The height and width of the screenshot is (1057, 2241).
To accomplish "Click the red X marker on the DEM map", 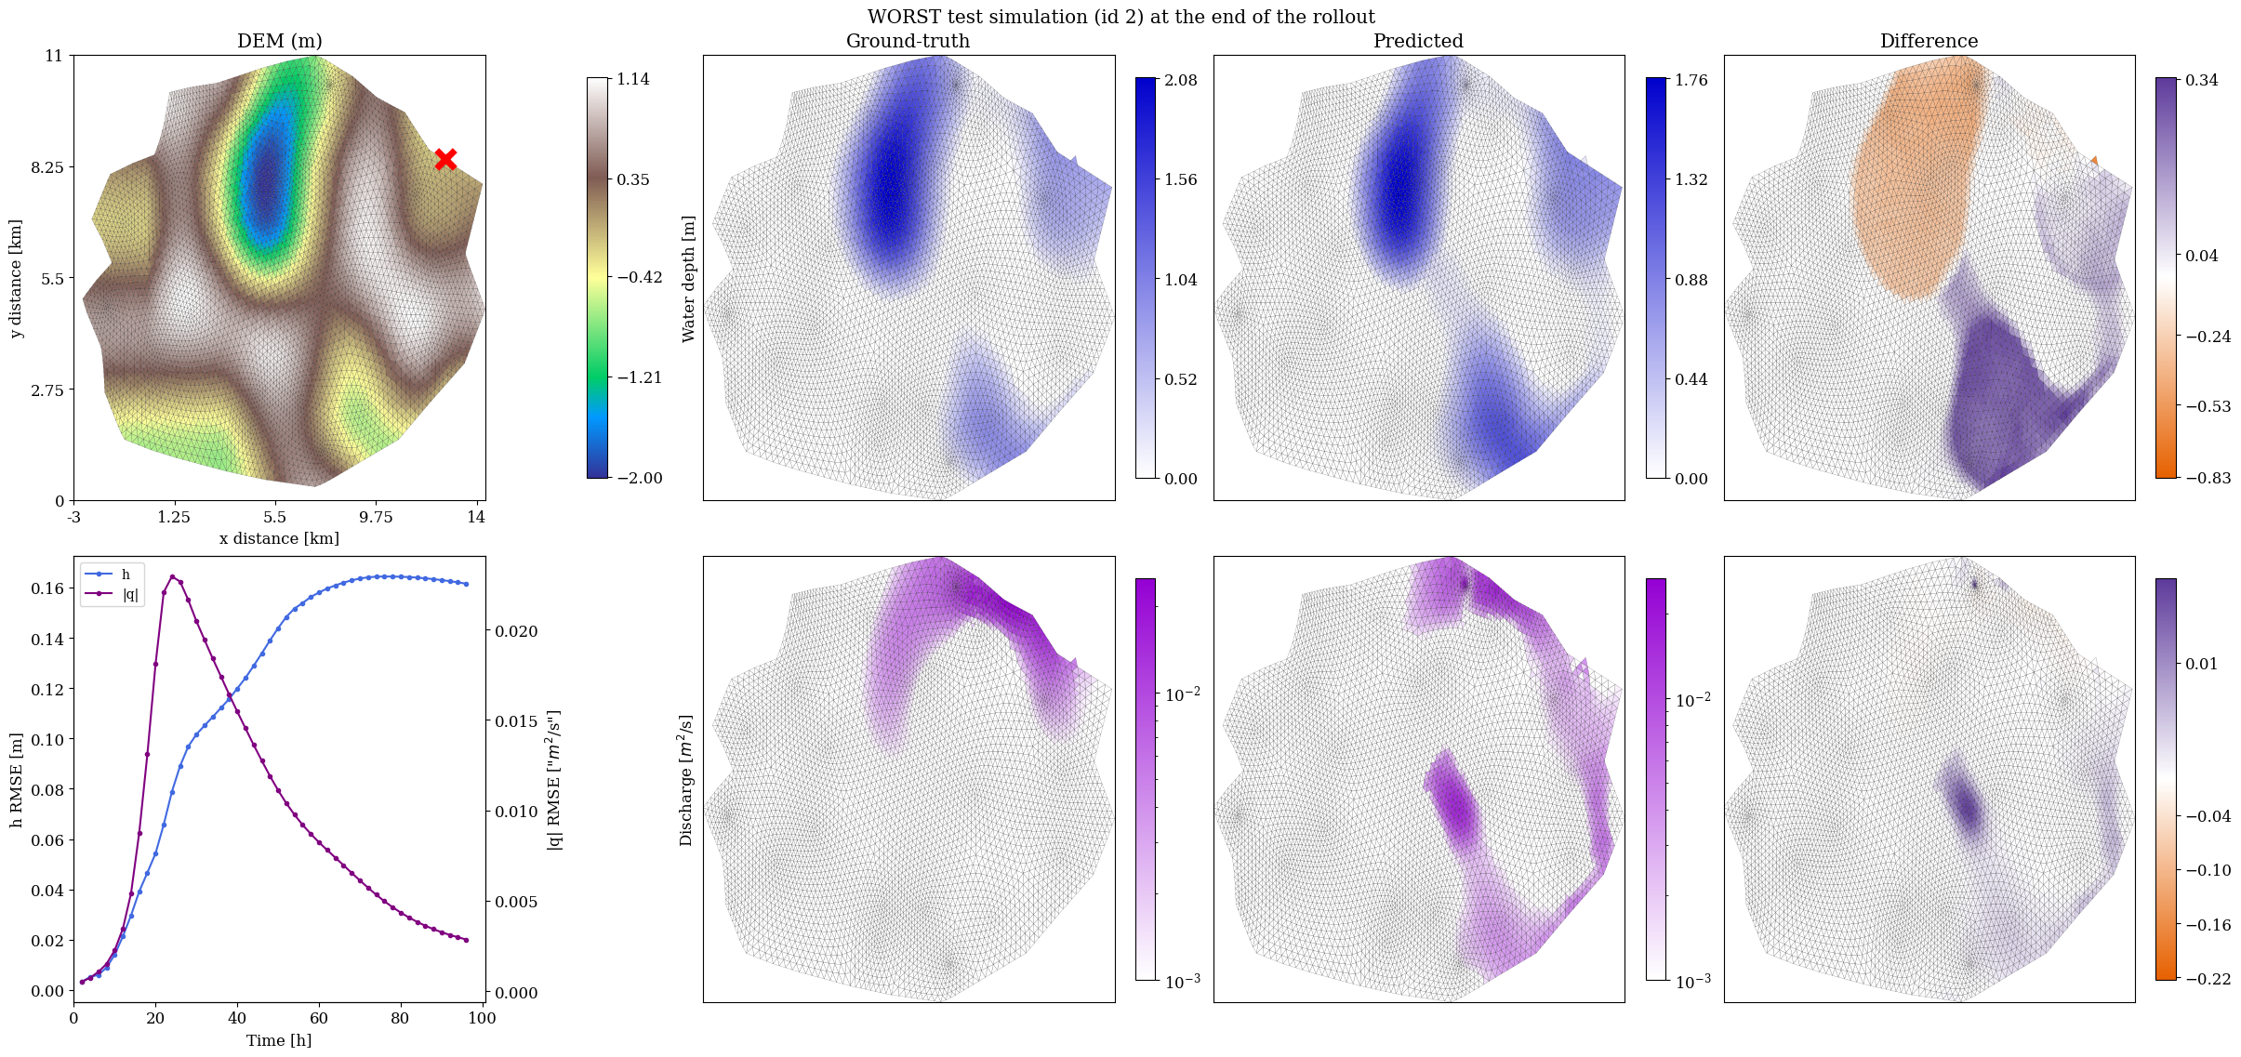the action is coord(445,159).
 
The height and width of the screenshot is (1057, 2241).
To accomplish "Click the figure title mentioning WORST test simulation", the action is coord(1120,17).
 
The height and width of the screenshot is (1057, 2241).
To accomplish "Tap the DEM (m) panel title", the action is coord(280,41).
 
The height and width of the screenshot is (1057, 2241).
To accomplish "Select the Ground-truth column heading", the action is coord(908,41).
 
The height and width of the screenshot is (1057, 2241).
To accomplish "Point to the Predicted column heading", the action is coord(1418,41).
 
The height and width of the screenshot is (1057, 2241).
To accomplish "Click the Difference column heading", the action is coord(1929,41).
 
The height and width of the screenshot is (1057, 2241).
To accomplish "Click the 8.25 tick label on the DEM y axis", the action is coord(47,167).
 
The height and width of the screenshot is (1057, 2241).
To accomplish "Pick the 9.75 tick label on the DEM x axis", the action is coord(376,517).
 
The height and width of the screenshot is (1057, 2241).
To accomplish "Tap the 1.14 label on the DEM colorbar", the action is coord(633,79).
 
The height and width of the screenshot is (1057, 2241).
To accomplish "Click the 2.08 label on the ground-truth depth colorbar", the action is coord(1181,80).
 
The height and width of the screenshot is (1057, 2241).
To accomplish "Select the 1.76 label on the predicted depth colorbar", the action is coord(1691,80).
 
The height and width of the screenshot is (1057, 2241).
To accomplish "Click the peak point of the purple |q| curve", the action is coord(172,576).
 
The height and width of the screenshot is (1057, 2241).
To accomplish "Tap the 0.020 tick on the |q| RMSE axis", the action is coord(514,631).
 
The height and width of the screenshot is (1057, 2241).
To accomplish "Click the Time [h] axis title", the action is coord(279,1040).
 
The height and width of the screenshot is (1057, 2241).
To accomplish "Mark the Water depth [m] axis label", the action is coord(688,279).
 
